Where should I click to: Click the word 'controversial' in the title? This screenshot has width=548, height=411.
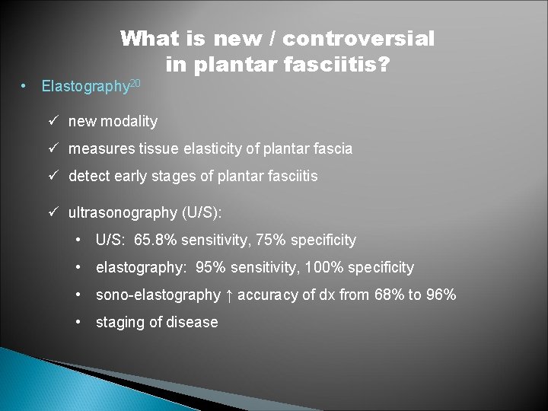pos(358,38)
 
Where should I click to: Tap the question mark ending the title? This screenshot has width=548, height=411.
pos(384,65)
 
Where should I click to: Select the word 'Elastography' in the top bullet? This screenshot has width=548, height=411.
pos(85,87)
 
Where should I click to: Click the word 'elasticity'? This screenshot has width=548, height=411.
pos(215,149)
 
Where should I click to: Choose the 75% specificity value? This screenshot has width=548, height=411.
pos(273,241)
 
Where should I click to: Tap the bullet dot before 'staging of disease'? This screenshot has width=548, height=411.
pos(80,322)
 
